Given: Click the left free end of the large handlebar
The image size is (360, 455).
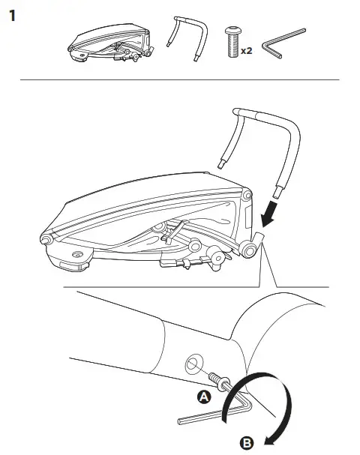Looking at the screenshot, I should pos(223,166).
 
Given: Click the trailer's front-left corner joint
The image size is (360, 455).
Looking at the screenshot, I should pos(46,239).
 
